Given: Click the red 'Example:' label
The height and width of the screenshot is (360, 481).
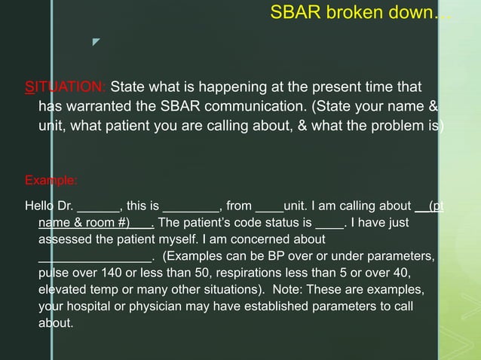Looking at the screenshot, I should pyautogui.click(x=51, y=181).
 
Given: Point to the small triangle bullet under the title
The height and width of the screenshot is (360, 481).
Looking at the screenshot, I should pyautogui.click(x=97, y=53).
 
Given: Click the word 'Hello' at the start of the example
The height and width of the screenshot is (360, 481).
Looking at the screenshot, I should pyautogui.click(x=38, y=205).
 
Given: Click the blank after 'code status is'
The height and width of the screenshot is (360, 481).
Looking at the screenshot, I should pyautogui.click(x=329, y=224).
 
